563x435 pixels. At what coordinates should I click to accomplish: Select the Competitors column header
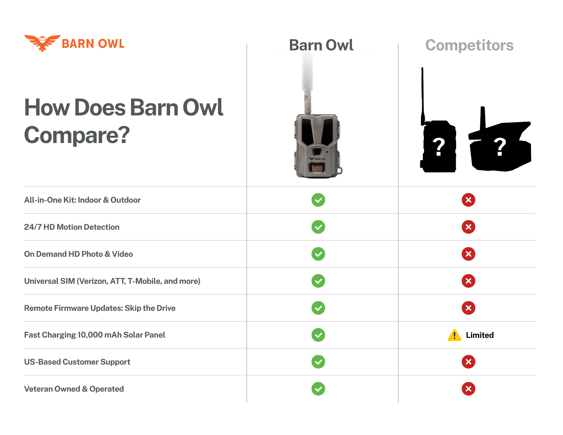click(469, 45)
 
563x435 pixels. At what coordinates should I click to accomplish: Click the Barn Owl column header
click(321, 45)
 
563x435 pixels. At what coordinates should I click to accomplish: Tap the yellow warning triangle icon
click(454, 335)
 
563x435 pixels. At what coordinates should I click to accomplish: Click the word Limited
click(480, 335)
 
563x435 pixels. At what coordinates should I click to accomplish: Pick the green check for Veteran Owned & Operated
click(318, 389)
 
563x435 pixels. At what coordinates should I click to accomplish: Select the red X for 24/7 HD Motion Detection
click(468, 227)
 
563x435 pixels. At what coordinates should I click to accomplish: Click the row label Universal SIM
click(112, 281)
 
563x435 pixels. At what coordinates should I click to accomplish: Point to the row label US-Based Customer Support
click(77, 362)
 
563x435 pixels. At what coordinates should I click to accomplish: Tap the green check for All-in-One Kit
click(318, 200)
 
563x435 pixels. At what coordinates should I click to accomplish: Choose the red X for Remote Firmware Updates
click(468, 308)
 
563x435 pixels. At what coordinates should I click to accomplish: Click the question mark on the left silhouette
click(439, 146)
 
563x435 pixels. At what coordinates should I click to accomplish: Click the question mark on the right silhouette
click(500, 146)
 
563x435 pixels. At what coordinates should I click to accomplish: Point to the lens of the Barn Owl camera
click(317, 151)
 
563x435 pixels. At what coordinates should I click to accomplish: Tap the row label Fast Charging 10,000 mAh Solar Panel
click(95, 335)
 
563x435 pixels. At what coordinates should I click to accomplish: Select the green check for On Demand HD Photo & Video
click(318, 254)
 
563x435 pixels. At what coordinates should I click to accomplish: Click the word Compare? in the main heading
click(77, 135)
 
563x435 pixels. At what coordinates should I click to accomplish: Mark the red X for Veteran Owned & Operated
click(468, 389)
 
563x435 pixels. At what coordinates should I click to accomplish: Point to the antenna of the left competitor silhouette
click(423, 96)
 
